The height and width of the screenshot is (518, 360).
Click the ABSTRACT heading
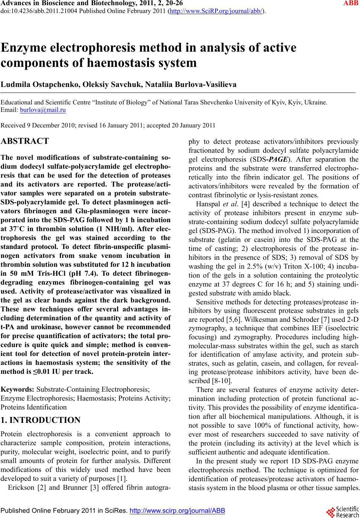click(25, 141)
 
